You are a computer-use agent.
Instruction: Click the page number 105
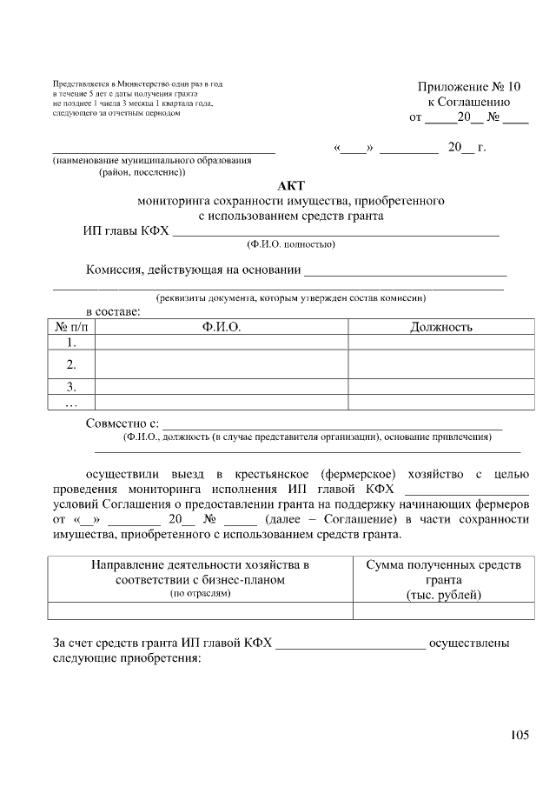519,736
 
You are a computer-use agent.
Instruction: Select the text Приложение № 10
469,86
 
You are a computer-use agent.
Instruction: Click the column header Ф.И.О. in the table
221,327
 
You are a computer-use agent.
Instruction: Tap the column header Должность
440,327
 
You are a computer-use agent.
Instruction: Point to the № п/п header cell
71,327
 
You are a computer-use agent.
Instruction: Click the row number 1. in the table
71,343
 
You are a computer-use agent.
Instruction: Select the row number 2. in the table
71,364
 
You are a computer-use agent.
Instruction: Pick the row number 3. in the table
71,386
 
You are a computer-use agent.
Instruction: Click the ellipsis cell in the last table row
71,403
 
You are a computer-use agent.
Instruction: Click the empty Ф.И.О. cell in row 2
221,364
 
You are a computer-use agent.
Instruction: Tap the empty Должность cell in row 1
440,343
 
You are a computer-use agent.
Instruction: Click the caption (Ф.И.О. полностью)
290,244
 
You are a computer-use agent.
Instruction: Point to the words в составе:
112,311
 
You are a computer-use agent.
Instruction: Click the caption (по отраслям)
201,593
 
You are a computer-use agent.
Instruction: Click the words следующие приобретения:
127,659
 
